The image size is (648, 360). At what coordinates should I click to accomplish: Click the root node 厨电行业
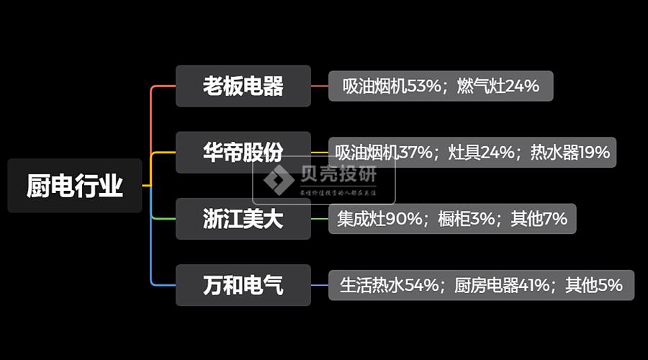coord(75,186)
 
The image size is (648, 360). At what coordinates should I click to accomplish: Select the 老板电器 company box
coord(243,86)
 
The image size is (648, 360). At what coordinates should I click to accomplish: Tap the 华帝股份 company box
coord(243,152)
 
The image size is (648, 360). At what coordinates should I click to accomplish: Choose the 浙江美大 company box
coord(243,219)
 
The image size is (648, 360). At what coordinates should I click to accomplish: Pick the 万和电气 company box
coord(243,285)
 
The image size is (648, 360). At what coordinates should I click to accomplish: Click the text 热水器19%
coord(570,153)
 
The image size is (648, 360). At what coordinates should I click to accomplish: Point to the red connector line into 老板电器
coord(162,86)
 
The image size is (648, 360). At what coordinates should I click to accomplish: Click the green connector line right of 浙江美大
coord(320,219)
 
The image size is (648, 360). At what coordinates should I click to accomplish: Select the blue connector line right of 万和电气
coord(320,285)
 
